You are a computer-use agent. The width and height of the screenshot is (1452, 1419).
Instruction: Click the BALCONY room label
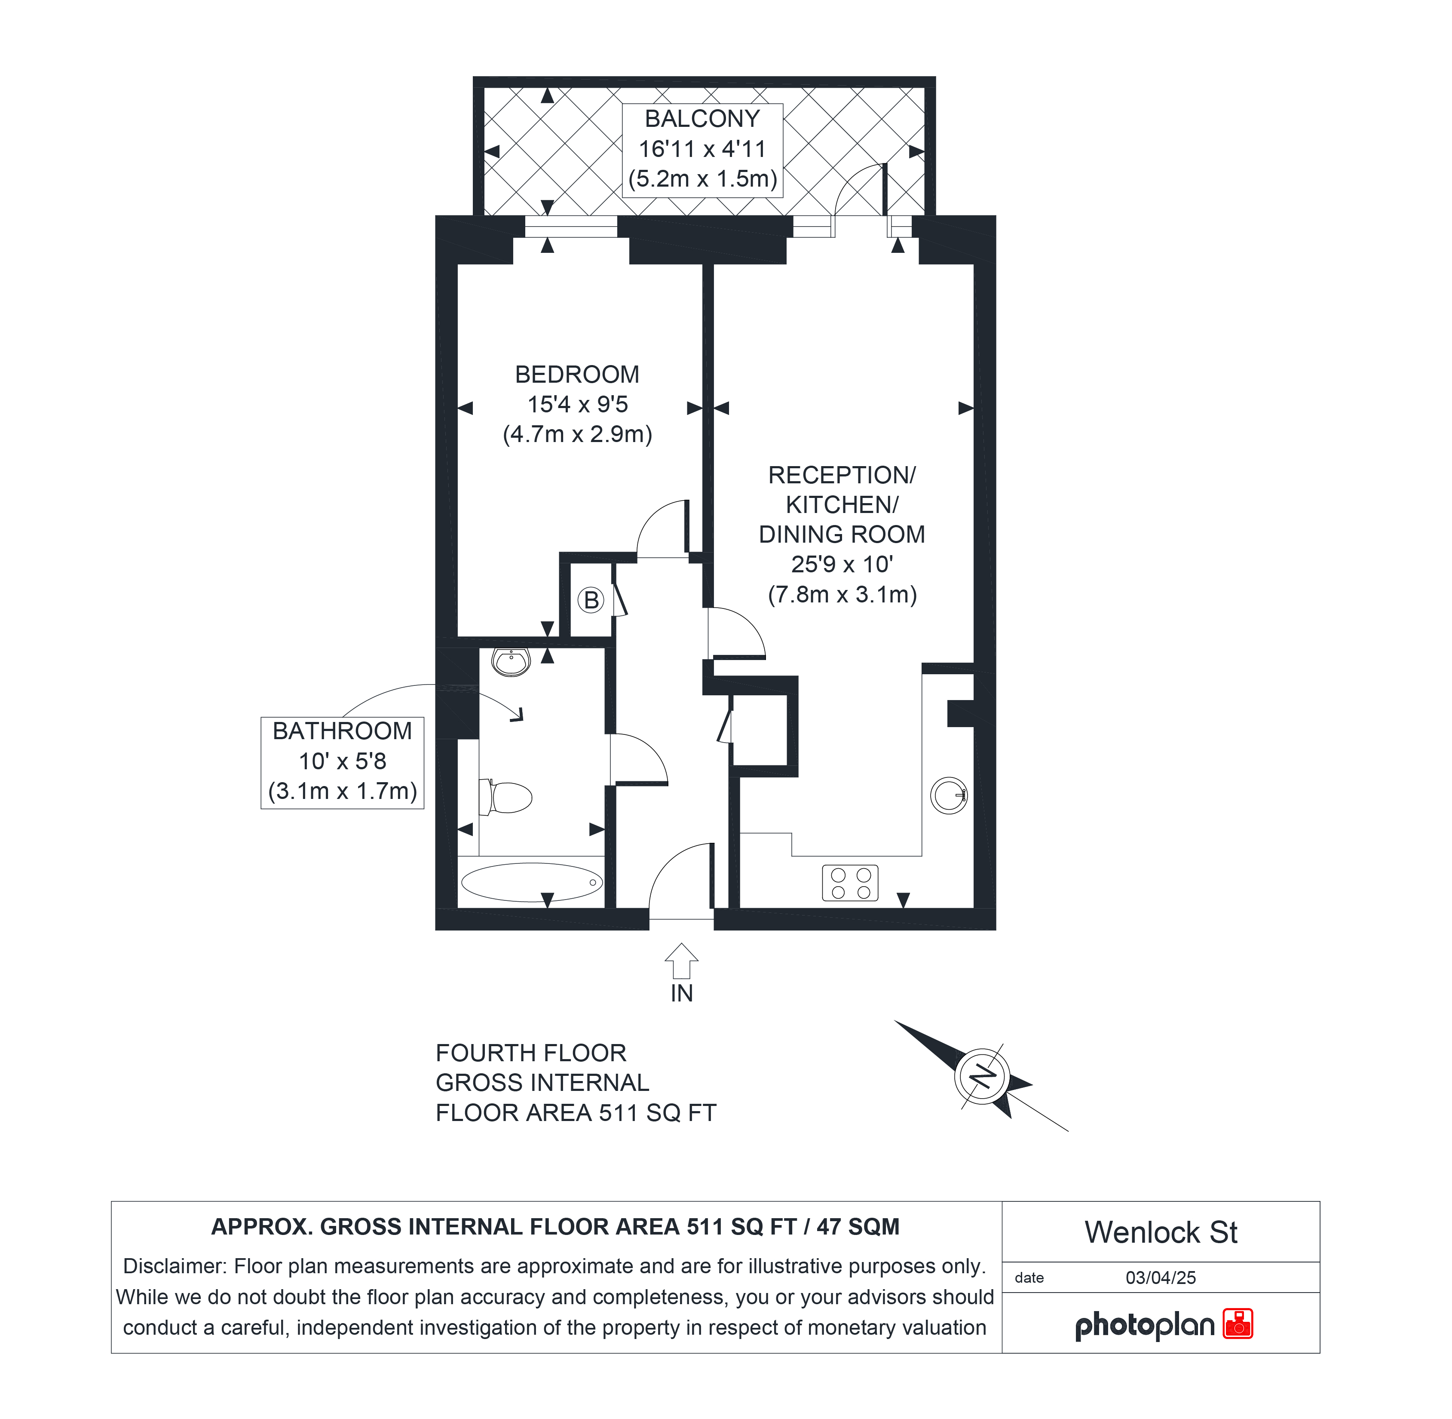[x=702, y=119]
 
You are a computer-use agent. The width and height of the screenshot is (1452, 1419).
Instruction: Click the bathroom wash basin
[x=511, y=661]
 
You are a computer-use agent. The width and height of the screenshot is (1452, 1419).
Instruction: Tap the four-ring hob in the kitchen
[x=850, y=883]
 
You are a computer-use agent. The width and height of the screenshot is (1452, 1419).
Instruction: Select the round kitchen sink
[x=949, y=795]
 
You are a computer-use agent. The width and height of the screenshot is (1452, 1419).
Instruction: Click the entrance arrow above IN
[x=681, y=961]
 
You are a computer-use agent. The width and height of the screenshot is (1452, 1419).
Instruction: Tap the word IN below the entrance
[x=682, y=993]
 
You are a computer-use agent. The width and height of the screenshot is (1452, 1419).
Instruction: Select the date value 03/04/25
[x=1161, y=1278]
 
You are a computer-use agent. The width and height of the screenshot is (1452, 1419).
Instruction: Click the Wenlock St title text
[x=1161, y=1233]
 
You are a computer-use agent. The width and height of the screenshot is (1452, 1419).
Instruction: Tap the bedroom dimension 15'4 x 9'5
[x=577, y=404]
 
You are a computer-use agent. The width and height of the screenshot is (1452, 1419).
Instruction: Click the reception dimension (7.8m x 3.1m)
[x=842, y=594]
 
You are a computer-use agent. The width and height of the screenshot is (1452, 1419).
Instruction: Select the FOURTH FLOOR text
[x=531, y=1053]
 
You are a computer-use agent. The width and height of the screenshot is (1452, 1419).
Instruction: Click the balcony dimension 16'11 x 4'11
[x=702, y=149]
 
